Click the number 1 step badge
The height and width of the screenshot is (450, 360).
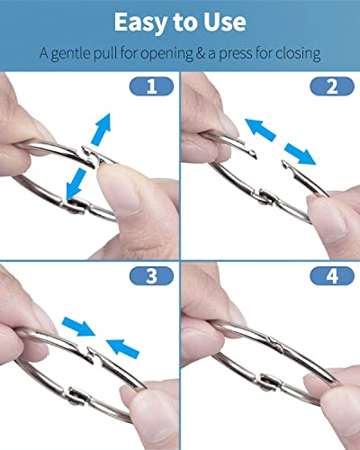coord(151,86)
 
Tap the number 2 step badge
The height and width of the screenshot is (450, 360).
coord(332,86)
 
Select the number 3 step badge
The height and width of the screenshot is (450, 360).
coord(151,275)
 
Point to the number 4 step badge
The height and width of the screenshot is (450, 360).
coord(332,275)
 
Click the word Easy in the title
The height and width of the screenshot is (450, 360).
coord(140,22)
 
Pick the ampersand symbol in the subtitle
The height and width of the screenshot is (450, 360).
coord(200,53)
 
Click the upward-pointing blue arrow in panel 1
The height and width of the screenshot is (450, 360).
coord(101,130)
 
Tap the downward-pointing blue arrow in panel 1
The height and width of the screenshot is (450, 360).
coord(75,184)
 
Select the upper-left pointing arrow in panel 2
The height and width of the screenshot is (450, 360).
coord(260,130)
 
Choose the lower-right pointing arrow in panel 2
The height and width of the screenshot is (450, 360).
coord(300,154)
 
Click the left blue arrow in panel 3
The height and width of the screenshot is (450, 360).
coord(78,327)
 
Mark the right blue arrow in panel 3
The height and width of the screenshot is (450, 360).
coord(122,348)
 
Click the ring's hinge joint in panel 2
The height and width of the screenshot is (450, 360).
coord(266,196)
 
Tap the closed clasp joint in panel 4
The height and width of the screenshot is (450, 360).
coord(275,345)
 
